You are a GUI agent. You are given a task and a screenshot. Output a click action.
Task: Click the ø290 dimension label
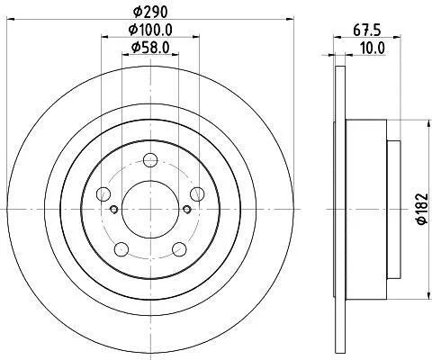click(x=150, y=13)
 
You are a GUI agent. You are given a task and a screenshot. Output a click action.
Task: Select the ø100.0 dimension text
click(x=150, y=30)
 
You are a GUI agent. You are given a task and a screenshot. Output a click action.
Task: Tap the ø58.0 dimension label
click(x=150, y=47)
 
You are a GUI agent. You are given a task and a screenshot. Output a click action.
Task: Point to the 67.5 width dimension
click(x=366, y=31)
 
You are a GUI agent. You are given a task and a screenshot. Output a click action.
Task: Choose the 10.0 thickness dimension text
click(x=372, y=49)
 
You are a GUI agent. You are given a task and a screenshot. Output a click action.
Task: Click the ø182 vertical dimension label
click(x=421, y=209)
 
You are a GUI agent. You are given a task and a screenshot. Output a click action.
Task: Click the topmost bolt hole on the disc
click(x=150, y=160)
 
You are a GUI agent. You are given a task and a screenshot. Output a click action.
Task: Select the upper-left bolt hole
click(x=103, y=193)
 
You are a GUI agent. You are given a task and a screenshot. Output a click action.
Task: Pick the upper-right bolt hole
click(x=197, y=193)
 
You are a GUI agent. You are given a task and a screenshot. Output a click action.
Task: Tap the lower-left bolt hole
click(x=121, y=249)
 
